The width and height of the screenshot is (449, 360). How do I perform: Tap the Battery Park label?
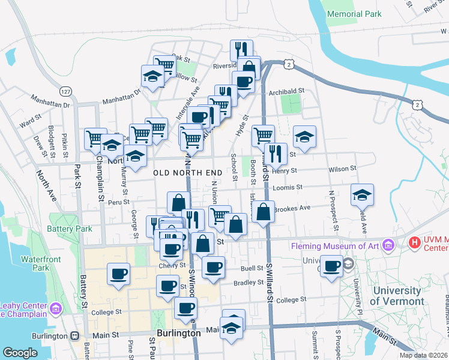(71, 229)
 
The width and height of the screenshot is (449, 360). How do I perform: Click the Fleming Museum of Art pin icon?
(389, 245)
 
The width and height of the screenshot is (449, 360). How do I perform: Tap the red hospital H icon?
(414, 243)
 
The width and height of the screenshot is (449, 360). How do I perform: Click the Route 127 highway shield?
(65, 92)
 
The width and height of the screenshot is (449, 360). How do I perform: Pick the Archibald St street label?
(287, 91)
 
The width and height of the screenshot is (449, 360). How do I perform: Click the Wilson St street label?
(343, 169)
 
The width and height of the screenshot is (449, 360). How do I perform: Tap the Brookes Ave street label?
(292, 208)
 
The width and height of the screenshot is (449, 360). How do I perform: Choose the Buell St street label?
(252, 268)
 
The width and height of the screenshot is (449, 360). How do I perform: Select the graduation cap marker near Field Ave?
(363, 195)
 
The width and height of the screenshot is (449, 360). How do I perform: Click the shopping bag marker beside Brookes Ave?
(263, 212)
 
